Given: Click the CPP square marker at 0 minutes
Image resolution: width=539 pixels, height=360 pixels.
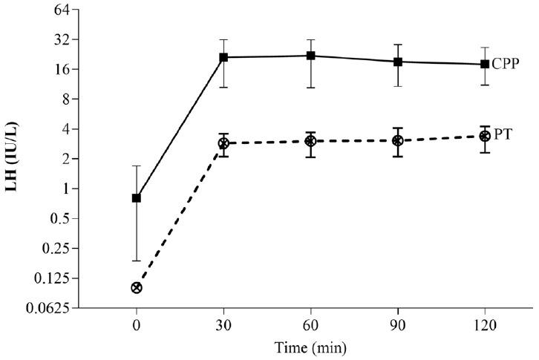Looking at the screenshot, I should [137, 198].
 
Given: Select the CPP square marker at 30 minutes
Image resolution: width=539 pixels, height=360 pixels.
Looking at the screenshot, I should [223, 57].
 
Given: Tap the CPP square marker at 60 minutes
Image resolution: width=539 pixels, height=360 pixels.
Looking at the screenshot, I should [311, 56].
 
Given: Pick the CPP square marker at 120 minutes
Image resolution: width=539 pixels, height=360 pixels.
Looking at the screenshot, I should [485, 64].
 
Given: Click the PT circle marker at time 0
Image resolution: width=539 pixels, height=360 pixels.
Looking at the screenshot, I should [137, 287].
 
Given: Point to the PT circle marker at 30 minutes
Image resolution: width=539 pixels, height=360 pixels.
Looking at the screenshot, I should [223, 143].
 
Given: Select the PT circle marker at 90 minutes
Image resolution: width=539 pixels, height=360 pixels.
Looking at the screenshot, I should [398, 140].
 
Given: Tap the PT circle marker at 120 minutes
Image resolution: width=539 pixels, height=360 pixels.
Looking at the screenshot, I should [485, 136].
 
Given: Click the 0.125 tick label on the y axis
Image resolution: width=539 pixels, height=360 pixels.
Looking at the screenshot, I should [53, 279].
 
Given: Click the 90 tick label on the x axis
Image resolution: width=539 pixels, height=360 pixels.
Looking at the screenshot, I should [398, 325].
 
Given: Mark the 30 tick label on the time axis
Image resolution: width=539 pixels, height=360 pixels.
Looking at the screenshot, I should [223, 325].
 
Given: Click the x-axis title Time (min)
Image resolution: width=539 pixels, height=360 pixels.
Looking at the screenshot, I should [310, 347].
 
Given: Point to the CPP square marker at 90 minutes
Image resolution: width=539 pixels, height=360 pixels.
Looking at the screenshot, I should [398, 62].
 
